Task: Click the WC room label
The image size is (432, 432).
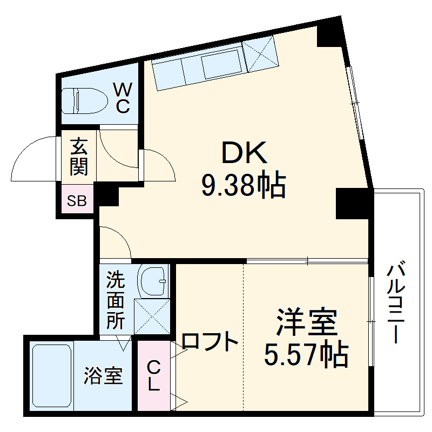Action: [x=123, y=97]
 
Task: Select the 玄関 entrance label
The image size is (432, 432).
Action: [x=79, y=157]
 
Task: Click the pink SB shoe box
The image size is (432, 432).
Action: [x=77, y=201]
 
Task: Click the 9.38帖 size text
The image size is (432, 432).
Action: [x=242, y=185]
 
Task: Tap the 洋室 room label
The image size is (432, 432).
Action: [x=307, y=322]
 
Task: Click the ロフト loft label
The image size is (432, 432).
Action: [x=210, y=341]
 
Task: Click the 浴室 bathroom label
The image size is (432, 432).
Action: [x=103, y=375]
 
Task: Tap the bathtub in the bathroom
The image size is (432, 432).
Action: [x=52, y=376]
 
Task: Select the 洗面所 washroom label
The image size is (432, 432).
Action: [x=114, y=300]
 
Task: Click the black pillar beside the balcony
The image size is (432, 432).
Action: [x=354, y=204]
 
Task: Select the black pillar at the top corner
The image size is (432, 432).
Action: [x=330, y=32]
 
